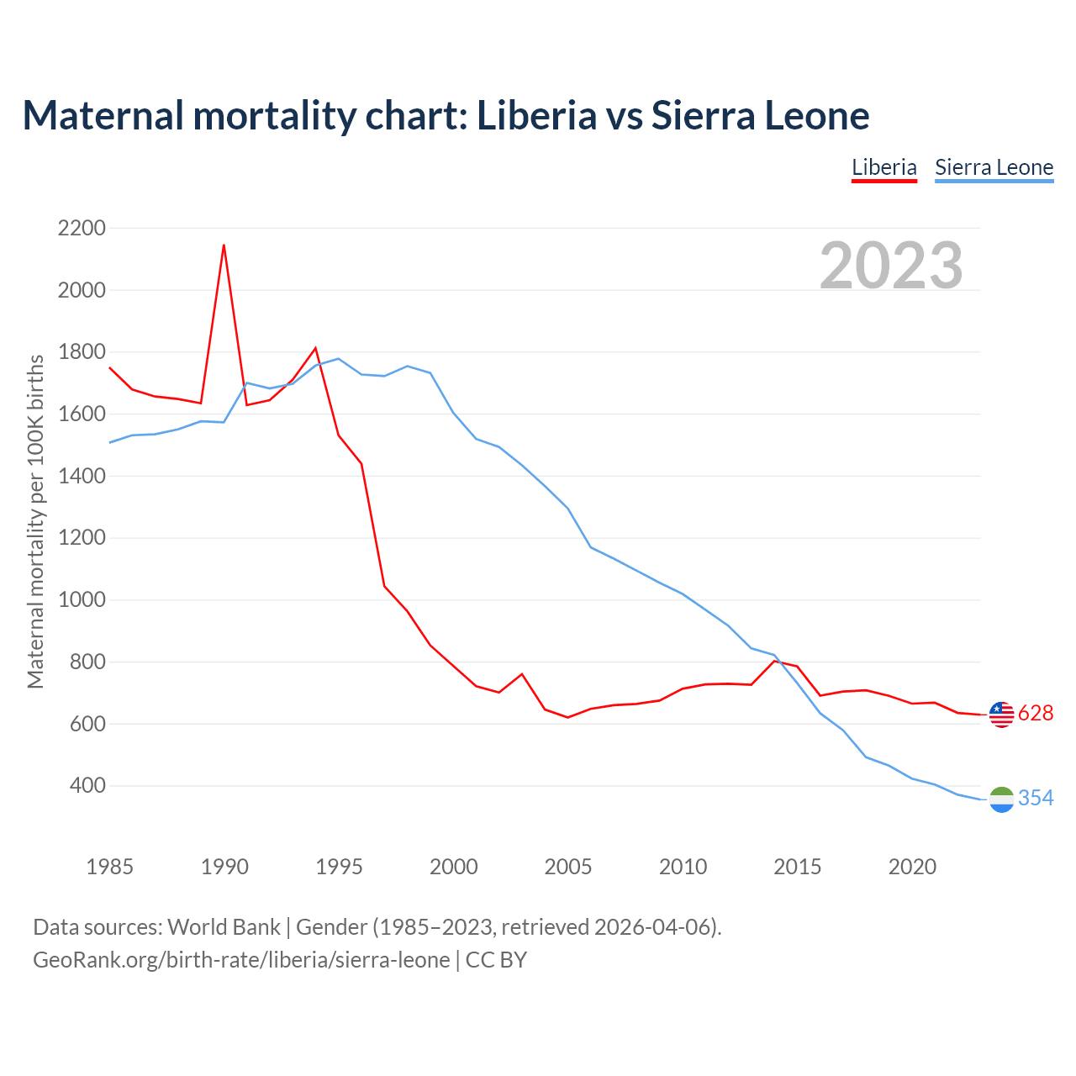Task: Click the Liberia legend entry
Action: click(x=883, y=167)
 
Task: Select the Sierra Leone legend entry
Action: click(x=994, y=167)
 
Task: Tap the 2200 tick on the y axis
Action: click(x=82, y=228)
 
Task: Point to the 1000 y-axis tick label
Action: click(x=82, y=599)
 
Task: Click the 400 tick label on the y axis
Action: click(x=87, y=786)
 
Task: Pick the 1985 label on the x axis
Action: click(x=110, y=867)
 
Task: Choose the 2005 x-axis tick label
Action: click(x=568, y=867)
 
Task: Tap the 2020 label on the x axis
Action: click(x=912, y=867)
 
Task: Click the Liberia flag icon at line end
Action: click(x=1001, y=715)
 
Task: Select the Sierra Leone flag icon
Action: click(x=1001, y=799)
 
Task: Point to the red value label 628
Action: click(x=1036, y=714)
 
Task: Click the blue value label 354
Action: click(x=1036, y=799)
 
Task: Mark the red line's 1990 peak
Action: click(x=224, y=245)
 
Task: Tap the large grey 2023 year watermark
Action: click(x=891, y=266)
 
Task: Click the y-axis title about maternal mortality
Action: click(x=35, y=521)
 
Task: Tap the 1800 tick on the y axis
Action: click(x=82, y=352)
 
